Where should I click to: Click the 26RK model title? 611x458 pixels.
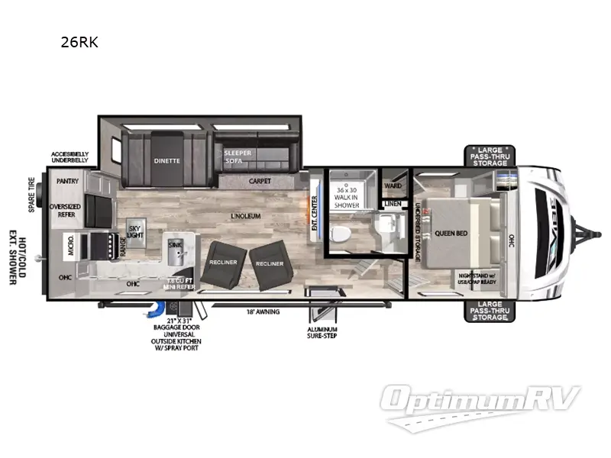point(79,43)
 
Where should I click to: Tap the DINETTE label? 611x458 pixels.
point(166,160)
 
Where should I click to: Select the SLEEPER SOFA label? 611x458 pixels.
point(238,157)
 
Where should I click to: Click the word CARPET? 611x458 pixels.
point(260,182)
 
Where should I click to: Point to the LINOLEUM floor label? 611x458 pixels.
point(247,216)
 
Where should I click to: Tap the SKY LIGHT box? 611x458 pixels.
point(135,231)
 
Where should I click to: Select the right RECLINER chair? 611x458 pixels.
point(270,263)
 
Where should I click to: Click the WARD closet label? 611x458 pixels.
point(393,185)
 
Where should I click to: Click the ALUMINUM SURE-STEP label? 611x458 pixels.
point(320,331)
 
